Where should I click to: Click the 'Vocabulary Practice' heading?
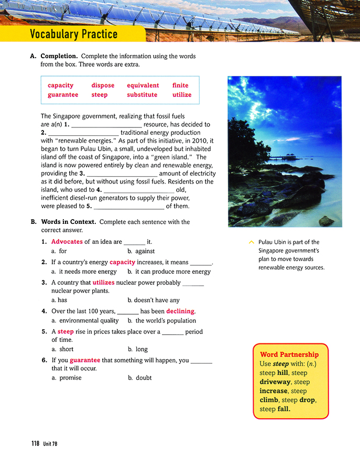(73, 35)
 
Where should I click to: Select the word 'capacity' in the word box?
(60, 85)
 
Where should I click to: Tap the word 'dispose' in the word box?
(103, 85)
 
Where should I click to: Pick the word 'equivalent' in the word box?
(143, 85)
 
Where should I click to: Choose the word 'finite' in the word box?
(180, 85)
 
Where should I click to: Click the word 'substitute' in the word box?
(142, 95)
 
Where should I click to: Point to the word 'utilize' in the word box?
(182, 95)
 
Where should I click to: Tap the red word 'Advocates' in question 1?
(67, 242)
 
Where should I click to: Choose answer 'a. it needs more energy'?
(84, 272)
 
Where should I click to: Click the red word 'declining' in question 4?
(180, 311)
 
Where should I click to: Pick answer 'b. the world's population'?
(161, 320)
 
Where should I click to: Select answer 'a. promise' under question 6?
(67, 377)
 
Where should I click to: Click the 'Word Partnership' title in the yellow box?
(289, 354)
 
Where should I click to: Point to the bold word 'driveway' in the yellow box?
(275, 382)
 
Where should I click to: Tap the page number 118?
(35, 444)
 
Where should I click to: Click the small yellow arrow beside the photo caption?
(251, 242)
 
